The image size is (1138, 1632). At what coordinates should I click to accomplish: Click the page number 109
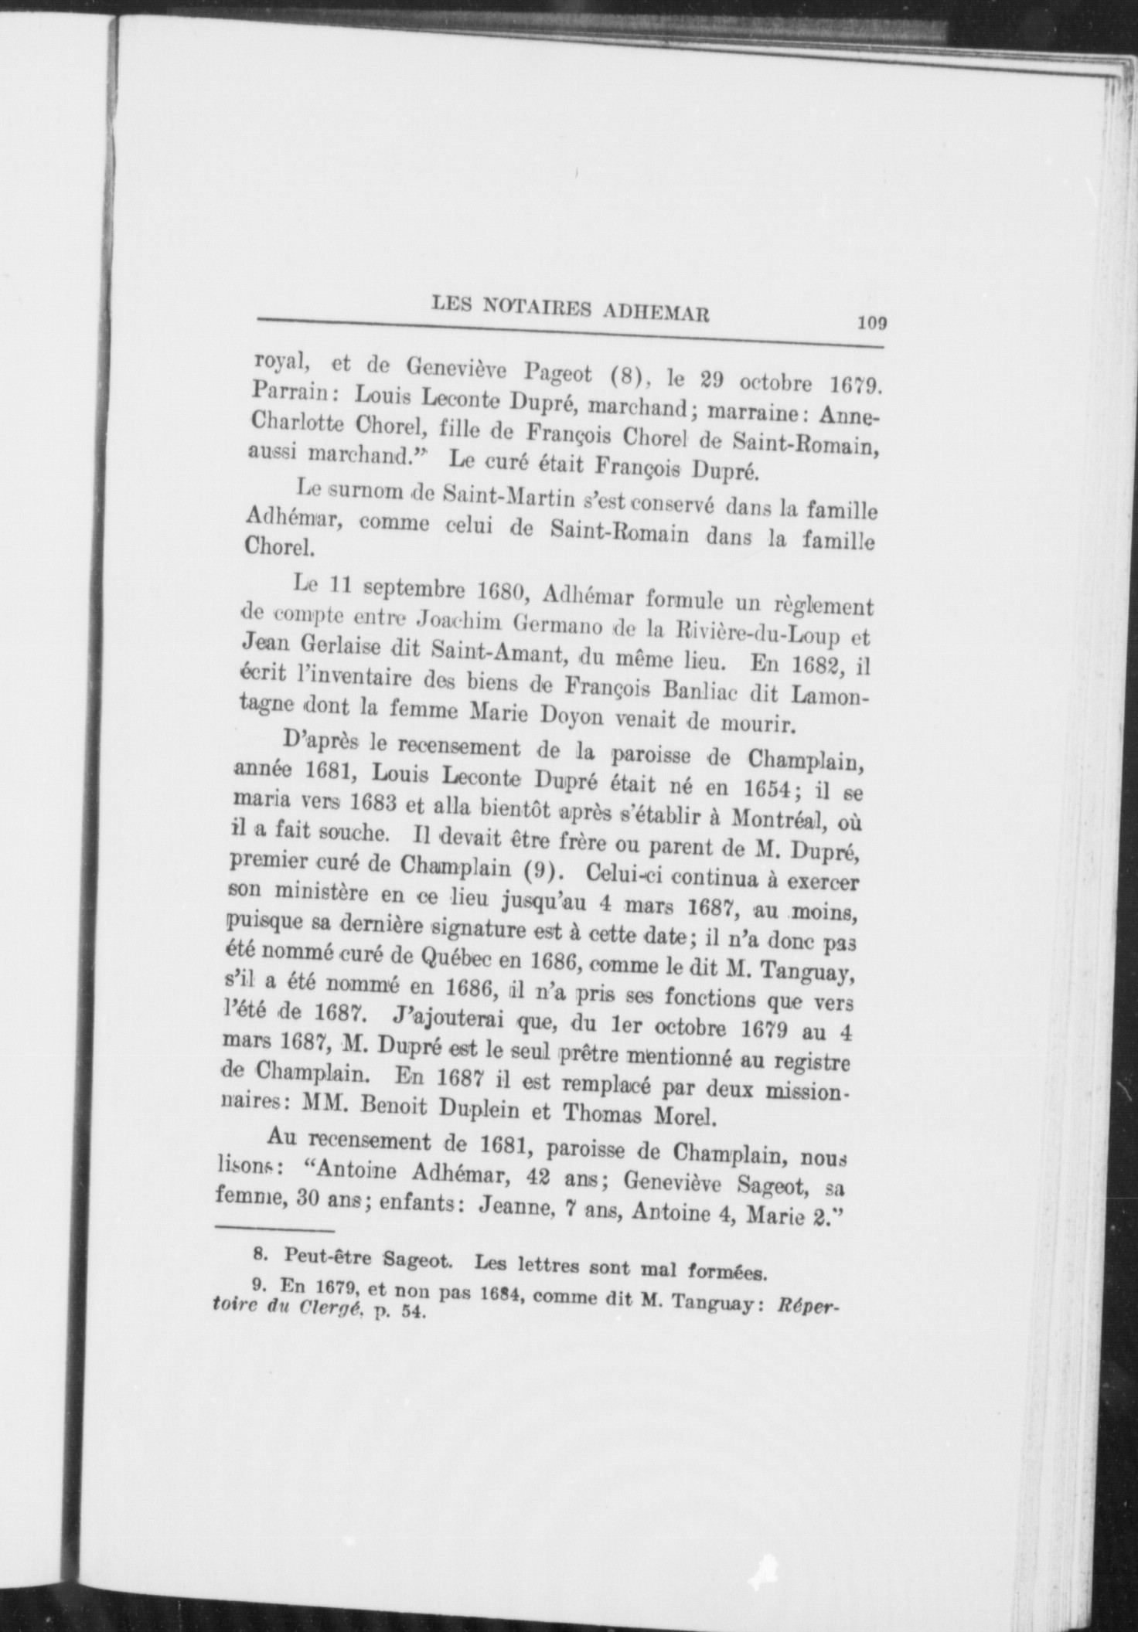click(x=871, y=323)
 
